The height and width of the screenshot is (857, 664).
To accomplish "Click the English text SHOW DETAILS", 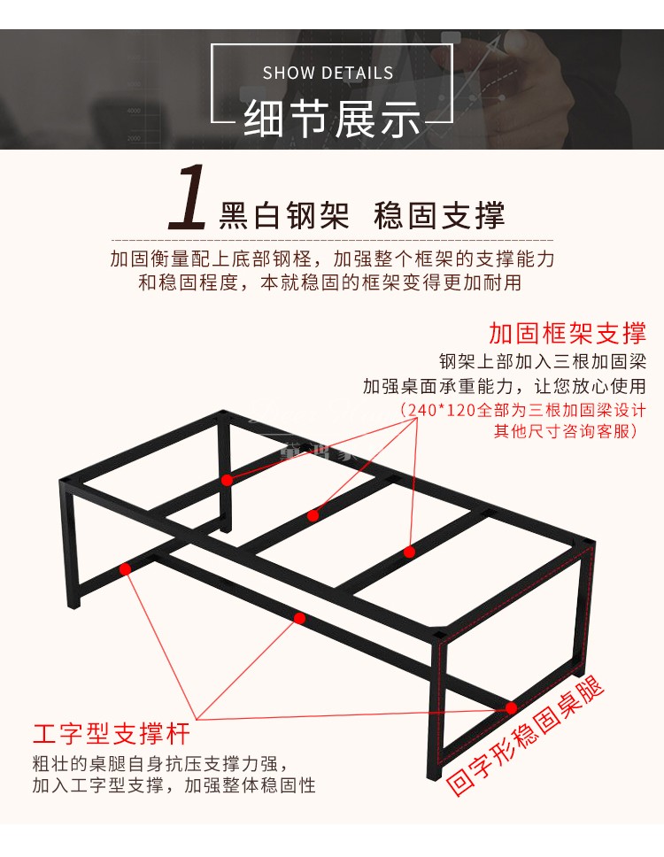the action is click(x=328, y=73).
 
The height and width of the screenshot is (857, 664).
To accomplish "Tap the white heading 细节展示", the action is click(x=332, y=119).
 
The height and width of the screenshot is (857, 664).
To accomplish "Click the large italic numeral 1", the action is click(x=188, y=197).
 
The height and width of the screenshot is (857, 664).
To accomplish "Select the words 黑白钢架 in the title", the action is click(x=283, y=215).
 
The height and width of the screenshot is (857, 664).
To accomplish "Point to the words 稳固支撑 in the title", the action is click(x=439, y=215).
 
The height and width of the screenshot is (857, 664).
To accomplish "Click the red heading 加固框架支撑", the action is click(x=567, y=333).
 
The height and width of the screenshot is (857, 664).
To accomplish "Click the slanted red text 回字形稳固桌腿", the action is click(x=526, y=735).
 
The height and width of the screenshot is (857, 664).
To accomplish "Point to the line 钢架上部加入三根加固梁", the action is click(x=543, y=361).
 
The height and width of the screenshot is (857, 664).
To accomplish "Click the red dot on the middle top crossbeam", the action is click(x=313, y=515).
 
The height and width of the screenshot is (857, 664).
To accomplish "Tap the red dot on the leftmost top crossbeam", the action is click(x=227, y=481).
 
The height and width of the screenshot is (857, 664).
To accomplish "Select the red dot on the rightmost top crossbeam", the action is click(x=409, y=552).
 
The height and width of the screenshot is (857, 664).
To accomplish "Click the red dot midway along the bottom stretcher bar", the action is click(x=299, y=618).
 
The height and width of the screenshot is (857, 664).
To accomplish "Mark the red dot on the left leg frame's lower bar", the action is click(x=125, y=569).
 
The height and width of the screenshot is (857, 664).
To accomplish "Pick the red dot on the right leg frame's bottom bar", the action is click(x=511, y=708).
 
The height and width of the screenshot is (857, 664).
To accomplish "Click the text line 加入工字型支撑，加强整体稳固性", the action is click(x=174, y=785).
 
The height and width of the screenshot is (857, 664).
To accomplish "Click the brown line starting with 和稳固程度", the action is click(x=329, y=282).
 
